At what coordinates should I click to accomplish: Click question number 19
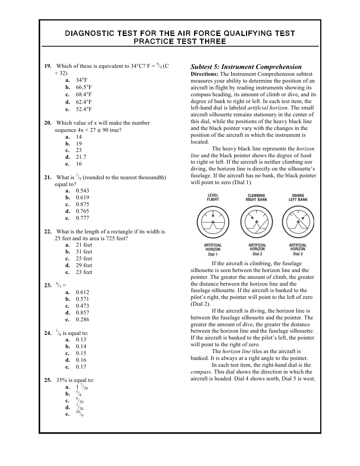[x=48, y=66]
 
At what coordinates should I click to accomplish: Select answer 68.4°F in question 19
[x=83, y=95]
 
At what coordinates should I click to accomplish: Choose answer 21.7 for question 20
[x=81, y=157]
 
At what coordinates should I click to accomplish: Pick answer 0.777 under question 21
[x=82, y=218]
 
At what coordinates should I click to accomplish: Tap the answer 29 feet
[x=84, y=265]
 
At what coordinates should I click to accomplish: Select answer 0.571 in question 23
[x=82, y=299]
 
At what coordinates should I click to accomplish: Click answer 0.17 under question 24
[x=81, y=367]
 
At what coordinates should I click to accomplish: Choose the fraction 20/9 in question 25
[x=80, y=414]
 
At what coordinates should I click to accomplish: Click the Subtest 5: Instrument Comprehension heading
[x=246, y=67]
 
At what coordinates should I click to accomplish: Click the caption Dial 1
[x=213, y=254]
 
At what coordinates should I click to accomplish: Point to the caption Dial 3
[x=298, y=254]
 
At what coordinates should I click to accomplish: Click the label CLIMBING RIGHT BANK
[x=257, y=198]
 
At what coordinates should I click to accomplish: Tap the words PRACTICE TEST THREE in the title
[x=180, y=41]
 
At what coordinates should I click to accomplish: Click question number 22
[x=48, y=231]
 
